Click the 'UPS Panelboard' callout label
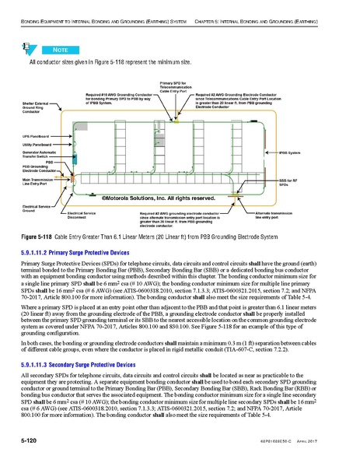[38, 135]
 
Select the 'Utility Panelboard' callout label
[38, 144]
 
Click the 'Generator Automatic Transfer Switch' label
[38, 154]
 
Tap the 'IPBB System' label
[291, 153]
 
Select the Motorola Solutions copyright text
[148, 199]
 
